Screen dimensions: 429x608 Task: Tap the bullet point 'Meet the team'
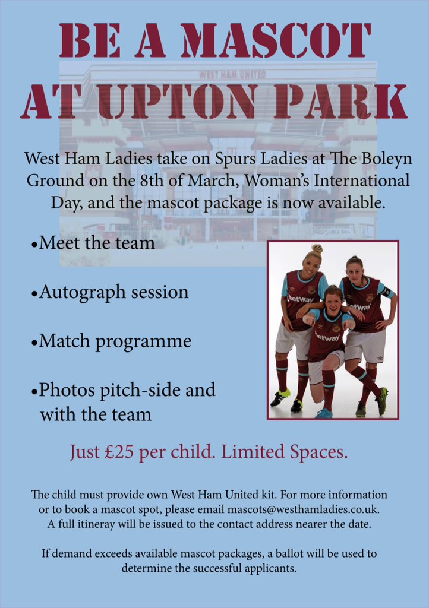coord(93,243)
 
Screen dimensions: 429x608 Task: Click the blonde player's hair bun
coord(317,248)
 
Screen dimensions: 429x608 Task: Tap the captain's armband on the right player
coord(387,292)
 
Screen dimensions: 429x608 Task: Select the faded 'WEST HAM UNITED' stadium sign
coord(233,74)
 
